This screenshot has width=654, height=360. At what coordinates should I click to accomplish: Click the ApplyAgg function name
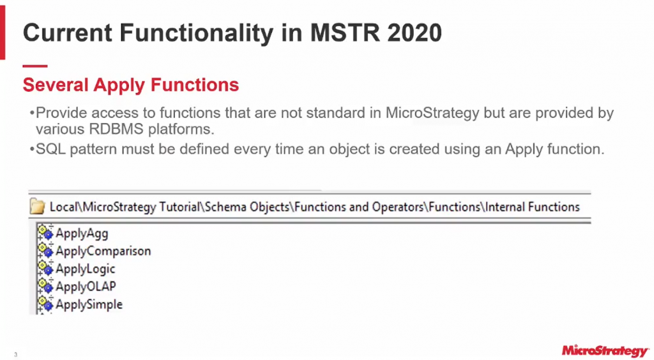click(82, 234)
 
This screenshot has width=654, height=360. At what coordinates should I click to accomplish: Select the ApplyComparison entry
click(103, 251)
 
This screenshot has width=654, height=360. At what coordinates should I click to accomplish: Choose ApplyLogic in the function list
click(85, 269)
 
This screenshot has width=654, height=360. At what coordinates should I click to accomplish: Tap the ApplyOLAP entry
click(86, 287)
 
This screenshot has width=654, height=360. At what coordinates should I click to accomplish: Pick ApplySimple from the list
click(89, 304)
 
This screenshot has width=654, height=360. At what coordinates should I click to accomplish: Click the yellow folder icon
click(37, 207)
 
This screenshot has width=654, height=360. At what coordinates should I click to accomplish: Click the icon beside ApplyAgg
click(45, 232)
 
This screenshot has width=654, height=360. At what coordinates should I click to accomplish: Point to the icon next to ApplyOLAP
click(45, 286)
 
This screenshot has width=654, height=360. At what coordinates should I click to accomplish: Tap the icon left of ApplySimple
click(45, 304)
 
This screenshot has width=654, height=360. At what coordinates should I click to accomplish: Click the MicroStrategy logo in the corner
click(605, 351)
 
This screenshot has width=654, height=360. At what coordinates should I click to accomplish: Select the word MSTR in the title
click(345, 33)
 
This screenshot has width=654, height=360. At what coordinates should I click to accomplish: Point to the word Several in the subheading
click(56, 85)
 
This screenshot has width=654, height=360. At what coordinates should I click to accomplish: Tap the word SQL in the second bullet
click(50, 149)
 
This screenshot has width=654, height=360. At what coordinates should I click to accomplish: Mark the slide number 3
click(16, 355)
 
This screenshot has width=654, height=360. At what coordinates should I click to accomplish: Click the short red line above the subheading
click(35, 66)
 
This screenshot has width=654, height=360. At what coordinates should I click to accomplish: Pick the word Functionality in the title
click(196, 33)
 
